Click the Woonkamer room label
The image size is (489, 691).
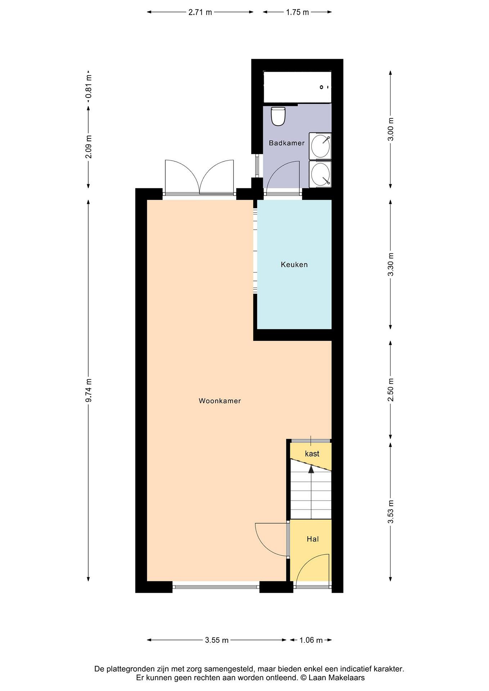pos(220,401)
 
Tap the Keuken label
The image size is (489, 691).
pos(294,265)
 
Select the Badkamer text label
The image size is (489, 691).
pos(287,143)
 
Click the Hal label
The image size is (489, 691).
pos(313,539)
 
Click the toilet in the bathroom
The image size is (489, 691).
pos(278,116)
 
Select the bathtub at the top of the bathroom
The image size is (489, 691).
pos(297,87)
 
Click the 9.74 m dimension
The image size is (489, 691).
pos(89,390)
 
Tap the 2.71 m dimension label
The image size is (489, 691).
pos(200,12)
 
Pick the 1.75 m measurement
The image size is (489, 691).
pos(297,12)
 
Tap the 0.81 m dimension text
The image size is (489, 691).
pos(89,87)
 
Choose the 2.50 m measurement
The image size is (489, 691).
pos(391,390)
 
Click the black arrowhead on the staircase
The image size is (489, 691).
pos(311,469)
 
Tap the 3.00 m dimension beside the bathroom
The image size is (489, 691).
pos(391,129)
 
